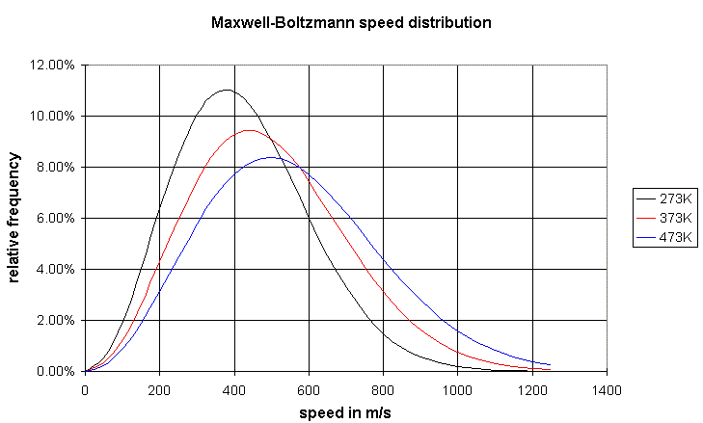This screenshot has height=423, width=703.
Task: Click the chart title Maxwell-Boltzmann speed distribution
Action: coord(351,21)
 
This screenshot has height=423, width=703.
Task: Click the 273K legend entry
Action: coord(678,198)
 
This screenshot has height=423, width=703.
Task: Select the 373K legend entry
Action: coord(678,218)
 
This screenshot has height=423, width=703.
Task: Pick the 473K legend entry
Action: coord(678,236)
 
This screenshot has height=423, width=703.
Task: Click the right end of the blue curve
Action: coord(550,365)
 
